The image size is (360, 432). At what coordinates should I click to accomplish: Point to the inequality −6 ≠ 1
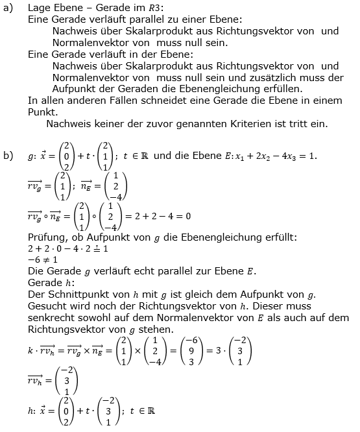click(x=45, y=259)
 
